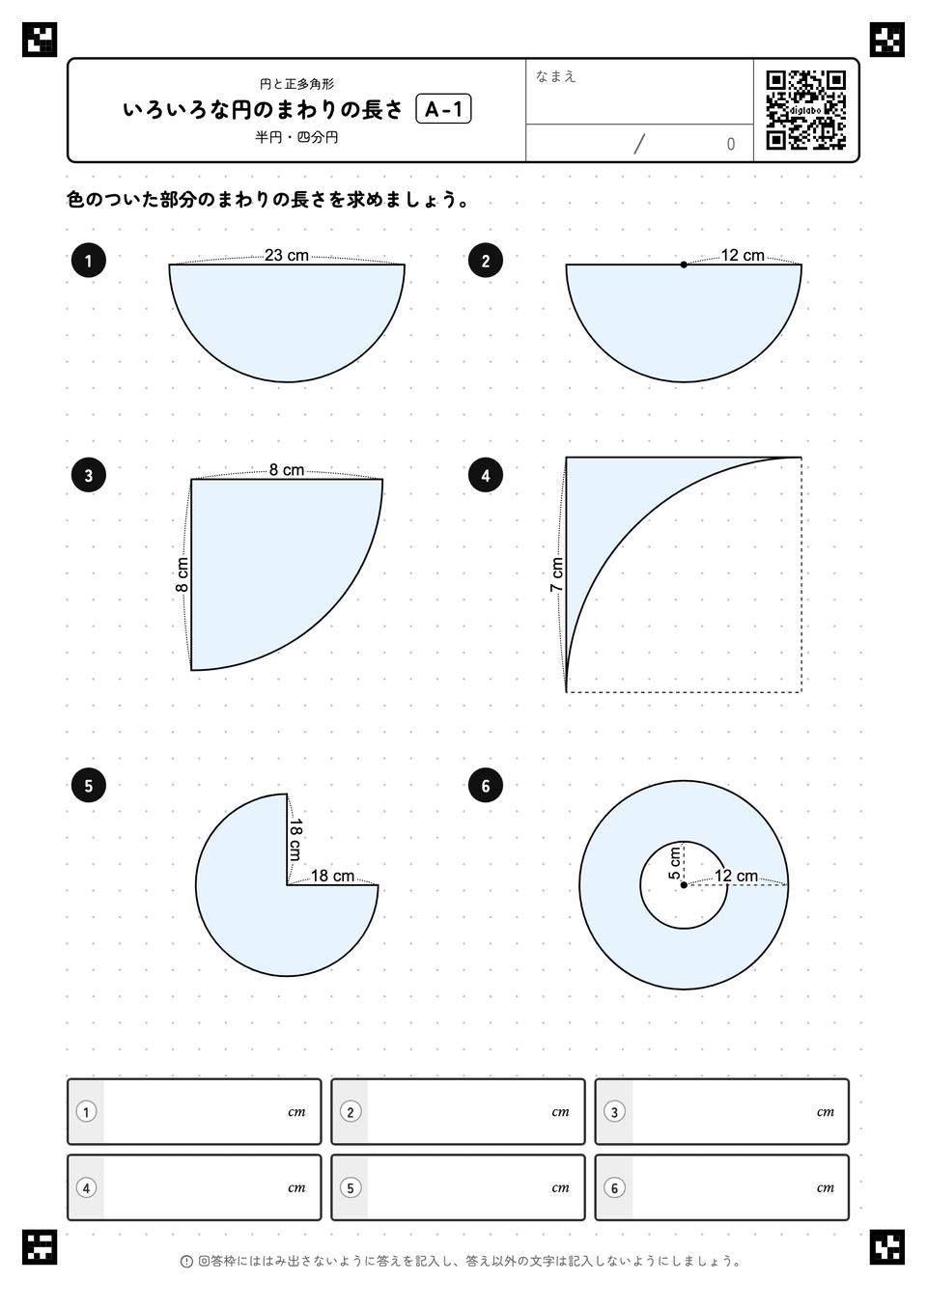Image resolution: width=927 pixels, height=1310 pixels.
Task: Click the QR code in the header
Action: tap(806, 110)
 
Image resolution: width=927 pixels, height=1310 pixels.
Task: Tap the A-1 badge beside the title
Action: tap(443, 109)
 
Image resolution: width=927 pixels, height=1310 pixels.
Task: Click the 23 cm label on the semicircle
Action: tap(287, 255)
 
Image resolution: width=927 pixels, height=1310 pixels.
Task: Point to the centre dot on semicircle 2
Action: tap(684, 265)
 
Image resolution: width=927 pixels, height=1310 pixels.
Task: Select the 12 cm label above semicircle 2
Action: tap(743, 256)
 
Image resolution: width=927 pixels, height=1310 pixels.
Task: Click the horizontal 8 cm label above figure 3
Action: tap(287, 469)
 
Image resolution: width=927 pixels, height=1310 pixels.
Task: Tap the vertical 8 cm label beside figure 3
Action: tap(182, 574)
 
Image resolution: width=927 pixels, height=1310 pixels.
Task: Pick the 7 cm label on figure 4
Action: tap(556, 574)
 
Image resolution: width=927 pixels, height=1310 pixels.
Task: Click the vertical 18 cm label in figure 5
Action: tap(295, 839)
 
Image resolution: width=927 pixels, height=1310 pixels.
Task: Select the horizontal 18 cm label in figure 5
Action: tap(332, 876)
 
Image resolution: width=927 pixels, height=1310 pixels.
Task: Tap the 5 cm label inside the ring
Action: tap(674, 863)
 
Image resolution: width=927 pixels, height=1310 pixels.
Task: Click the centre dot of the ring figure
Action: tap(684, 885)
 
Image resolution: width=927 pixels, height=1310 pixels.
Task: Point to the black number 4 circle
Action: tap(486, 476)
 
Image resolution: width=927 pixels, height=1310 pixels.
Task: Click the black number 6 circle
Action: tap(486, 786)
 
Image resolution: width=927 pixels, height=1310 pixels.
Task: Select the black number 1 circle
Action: tap(88, 261)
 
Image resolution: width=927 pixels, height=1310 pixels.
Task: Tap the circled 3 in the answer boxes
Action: tap(614, 1112)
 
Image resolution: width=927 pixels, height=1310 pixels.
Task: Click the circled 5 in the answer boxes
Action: tap(351, 1187)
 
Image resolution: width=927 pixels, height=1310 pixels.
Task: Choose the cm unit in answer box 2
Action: tap(560, 1112)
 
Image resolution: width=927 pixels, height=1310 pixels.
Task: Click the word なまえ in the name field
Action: tap(555, 76)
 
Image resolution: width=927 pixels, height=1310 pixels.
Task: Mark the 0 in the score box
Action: tap(730, 144)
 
